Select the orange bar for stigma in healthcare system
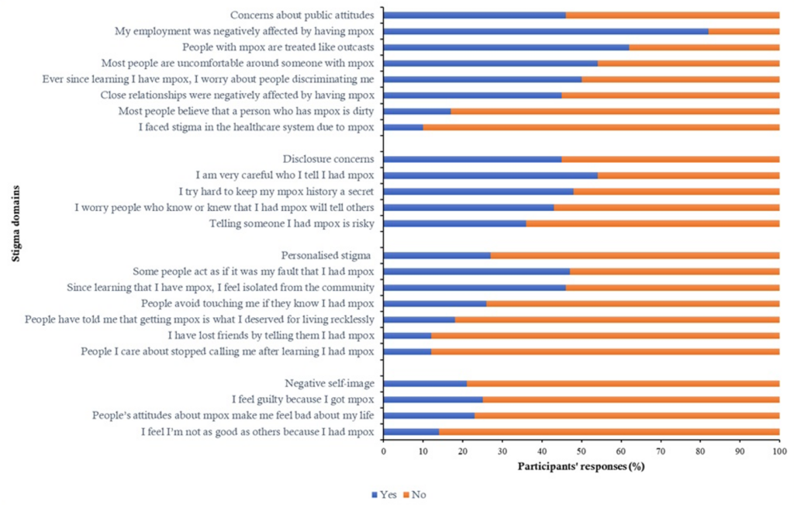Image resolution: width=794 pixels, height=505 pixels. tap(601, 127)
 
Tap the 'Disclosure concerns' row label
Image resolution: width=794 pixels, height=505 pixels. tap(329, 159)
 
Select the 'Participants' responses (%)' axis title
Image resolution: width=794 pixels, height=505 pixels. tap(581, 467)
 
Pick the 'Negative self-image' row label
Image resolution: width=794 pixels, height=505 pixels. tap(330, 383)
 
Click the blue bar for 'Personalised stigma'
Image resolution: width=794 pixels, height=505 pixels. tap(437, 255)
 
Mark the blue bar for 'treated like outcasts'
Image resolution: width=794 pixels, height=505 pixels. tap(506, 47)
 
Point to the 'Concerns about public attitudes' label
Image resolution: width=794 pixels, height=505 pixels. tap(302, 15)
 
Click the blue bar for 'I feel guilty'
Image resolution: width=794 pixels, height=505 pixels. tap(433, 400)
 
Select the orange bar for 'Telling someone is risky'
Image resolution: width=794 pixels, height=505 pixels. tap(652, 223)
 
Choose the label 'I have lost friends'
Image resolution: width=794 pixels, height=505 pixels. tap(271, 335)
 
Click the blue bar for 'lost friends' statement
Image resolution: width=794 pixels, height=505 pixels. tap(407, 335)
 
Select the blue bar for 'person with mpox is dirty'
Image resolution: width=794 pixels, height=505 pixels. tap(416, 111)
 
